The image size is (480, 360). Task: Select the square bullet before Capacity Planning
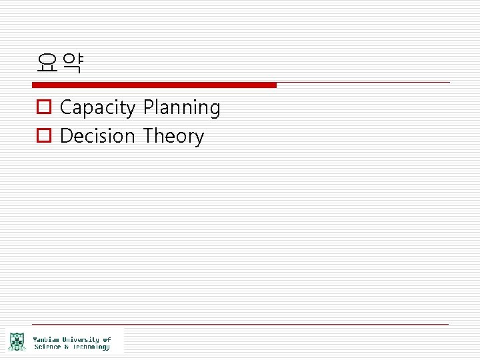click(x=43, y=107)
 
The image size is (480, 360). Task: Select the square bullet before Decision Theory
click(x=43, y=136)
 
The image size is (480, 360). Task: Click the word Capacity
click(x=97, y=108)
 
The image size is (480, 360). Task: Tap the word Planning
click(x=181, y=108)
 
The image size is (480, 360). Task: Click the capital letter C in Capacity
click(x=66, y=107)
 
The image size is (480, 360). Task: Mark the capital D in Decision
click(x=66, y=136)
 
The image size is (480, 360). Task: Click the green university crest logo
click(x=17, y=342)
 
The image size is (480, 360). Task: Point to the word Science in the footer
click(x=47, y=347)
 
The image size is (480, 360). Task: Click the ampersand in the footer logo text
click(x=65, y=347)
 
